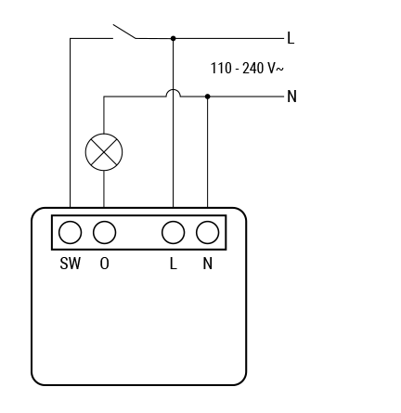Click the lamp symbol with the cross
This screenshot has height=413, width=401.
104,152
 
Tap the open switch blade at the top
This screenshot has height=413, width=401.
124,32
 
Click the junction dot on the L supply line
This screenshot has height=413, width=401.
174,38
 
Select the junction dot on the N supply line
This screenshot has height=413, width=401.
208,97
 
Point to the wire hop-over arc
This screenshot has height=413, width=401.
173,90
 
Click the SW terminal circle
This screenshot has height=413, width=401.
71,232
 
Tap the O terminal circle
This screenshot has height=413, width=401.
105,232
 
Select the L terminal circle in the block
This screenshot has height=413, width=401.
174,232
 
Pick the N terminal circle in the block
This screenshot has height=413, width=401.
208,232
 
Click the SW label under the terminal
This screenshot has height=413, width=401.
71,264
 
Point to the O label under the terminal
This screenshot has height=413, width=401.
105,264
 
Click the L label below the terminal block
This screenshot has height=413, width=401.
174,264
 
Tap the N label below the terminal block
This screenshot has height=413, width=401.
208,264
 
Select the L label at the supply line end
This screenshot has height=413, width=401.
291,38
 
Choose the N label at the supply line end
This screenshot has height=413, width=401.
292,97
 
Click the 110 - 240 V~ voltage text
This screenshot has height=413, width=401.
247,68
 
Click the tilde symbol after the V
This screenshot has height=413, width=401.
279,69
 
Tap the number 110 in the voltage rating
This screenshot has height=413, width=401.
221,68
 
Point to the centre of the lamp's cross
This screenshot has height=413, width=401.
104,152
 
